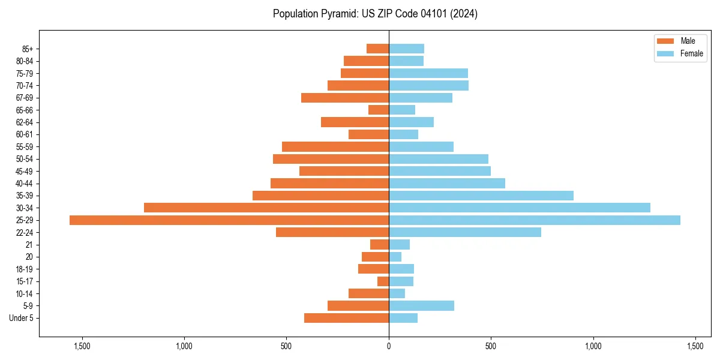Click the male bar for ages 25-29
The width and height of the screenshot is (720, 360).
tap(229, 220)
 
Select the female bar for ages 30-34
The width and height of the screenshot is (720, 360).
tap(520, 208)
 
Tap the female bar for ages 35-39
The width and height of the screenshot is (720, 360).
tap(481, 196)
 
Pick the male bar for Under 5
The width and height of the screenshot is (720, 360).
tap(346, 318)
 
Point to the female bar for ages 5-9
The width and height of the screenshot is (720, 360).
tap(421, 306)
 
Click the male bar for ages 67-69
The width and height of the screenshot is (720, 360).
tap(345, 98)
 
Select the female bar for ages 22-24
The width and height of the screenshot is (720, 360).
tap(465, 232)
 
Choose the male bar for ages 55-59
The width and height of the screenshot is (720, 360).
tap(335, 146)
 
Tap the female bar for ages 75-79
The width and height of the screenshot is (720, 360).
tap(428, 73)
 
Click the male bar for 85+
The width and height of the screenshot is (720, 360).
tap(377, 49)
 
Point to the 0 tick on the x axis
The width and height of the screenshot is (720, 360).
tap(389, 346)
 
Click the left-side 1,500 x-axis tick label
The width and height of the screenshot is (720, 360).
tap(82, 346)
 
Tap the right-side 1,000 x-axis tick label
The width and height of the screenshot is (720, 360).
tap(593, 346)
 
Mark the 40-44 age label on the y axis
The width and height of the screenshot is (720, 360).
tap(24, 184)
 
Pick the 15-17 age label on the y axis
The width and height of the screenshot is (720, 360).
tap(24, 281)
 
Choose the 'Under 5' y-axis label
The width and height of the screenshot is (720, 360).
tap(21, 318)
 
